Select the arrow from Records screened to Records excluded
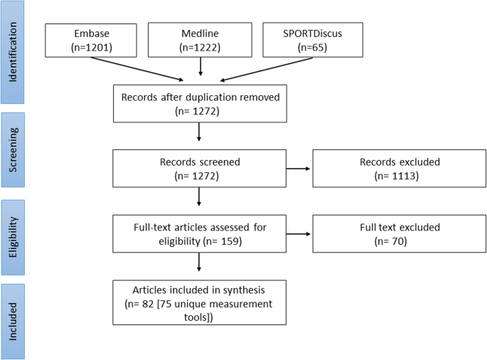[299, 169]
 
